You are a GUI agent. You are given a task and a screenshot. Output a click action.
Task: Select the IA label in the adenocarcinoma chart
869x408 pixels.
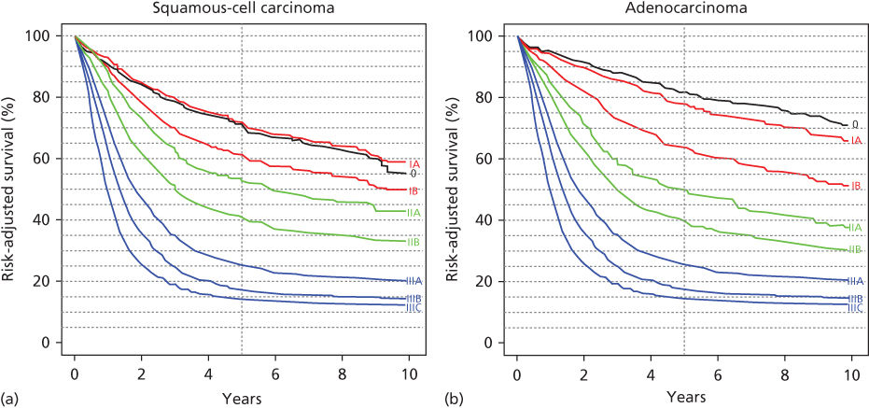856,140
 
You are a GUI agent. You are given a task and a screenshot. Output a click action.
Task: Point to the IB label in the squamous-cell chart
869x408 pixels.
414,190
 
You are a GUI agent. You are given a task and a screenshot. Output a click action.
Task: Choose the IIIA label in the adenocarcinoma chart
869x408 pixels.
855,281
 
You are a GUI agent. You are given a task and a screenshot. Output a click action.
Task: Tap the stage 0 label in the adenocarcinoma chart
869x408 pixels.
855,124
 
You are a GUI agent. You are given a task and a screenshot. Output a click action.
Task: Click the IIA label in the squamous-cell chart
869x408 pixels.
414,213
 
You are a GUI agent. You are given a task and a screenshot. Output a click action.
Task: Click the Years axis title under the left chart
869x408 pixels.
243,398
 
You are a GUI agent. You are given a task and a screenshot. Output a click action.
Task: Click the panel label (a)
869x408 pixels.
9,399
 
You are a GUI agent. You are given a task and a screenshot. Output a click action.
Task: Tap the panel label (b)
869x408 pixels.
452,399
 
